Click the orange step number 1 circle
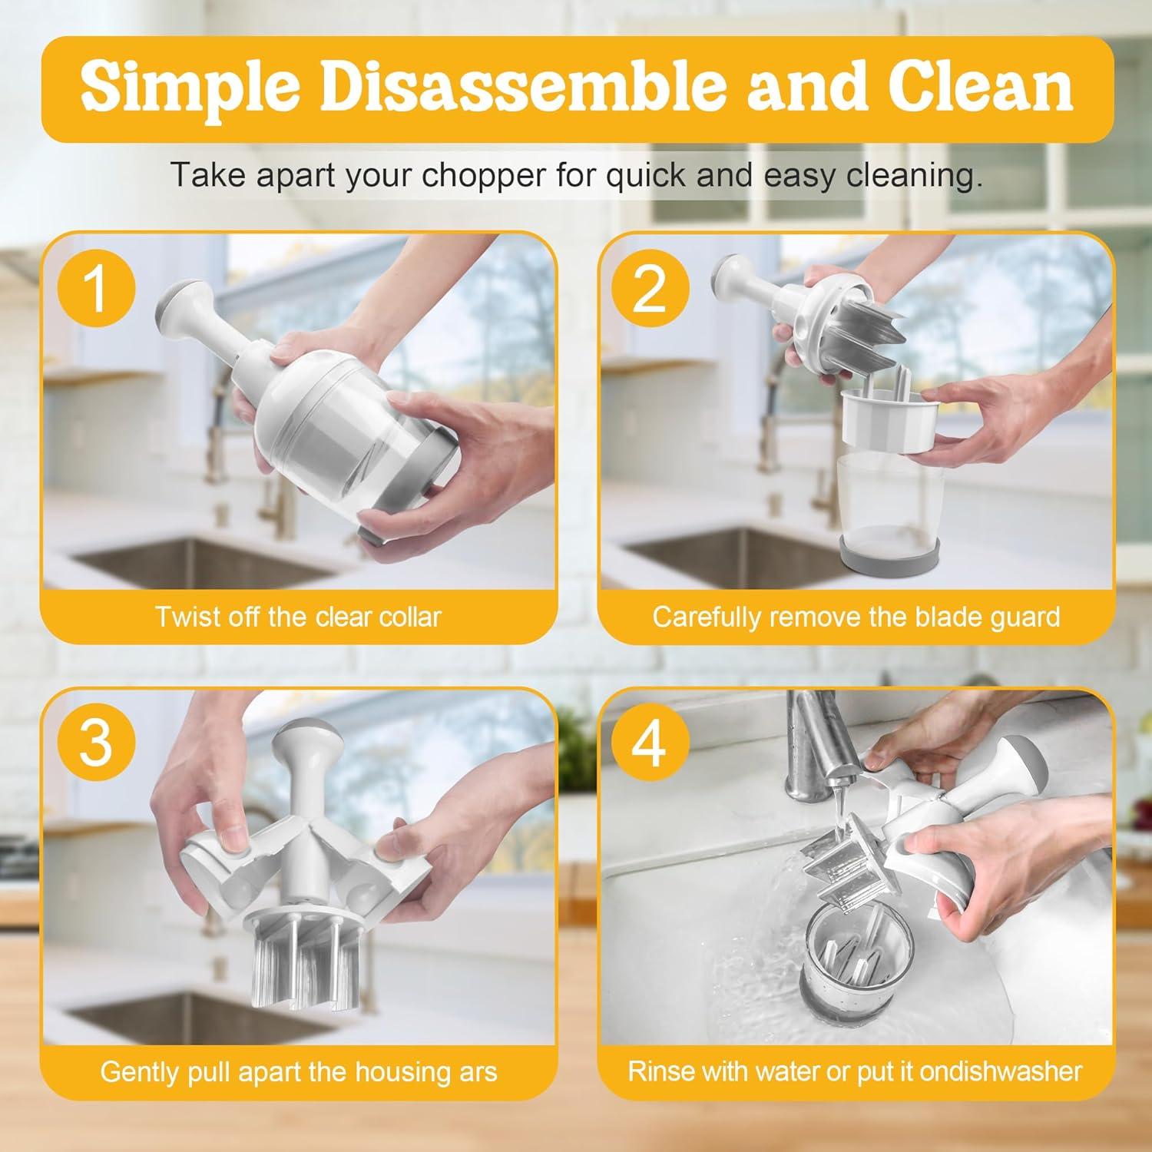click(95, 289)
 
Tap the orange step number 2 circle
click(650, 289)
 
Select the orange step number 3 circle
click(95, 743)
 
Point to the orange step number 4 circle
click(650, 743)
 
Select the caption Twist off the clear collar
click(298, 617)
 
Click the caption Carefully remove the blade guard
click(856, 617)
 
